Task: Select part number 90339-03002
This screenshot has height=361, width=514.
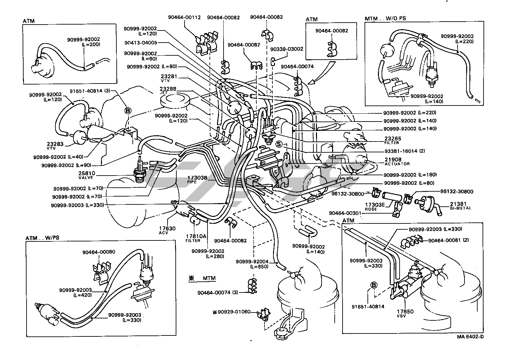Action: pyautogui.click(x=287, y=49)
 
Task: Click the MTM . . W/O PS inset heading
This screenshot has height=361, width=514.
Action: pyautogui.click(x=385, y=18)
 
